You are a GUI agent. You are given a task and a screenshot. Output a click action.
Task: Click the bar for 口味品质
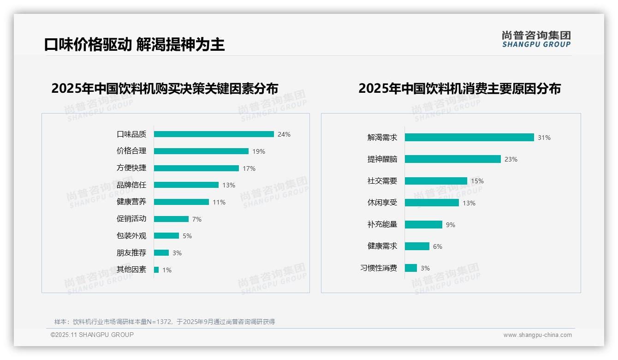coord(214,134)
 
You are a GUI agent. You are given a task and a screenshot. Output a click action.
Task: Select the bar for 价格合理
coord(201,151)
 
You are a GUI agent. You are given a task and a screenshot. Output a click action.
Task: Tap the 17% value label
coord(249,168)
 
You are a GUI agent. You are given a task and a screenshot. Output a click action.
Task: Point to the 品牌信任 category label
coord(131,185)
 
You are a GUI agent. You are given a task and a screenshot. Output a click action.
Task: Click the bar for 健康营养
coord(181,202)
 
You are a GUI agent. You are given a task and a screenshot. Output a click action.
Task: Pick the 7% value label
coord(197,219)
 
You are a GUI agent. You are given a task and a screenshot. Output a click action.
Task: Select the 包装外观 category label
coord(131,236)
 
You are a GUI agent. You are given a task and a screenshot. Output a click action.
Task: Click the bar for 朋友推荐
coord(161,253)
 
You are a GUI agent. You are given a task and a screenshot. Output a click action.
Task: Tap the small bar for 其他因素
coord(156,270)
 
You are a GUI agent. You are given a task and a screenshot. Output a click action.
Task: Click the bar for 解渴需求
coord(469,138)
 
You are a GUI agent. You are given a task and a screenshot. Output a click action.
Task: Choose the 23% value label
coord(511,159)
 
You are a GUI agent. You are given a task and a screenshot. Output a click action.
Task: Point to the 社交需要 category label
coord(382,181)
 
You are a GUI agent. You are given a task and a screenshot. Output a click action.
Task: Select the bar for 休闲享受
coord(432,203)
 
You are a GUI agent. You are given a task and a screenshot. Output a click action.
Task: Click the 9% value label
coord(451,225)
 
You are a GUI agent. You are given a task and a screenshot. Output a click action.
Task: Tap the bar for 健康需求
coord(417,246)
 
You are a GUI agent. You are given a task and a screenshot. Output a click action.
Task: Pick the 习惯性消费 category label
coord(379,268)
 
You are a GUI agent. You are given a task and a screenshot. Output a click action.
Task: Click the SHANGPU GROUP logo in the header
coord(536,39)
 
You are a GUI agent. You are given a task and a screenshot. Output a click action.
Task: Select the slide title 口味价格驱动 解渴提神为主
coord(134,45)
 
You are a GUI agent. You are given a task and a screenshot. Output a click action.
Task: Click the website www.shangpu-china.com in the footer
coord(537,335)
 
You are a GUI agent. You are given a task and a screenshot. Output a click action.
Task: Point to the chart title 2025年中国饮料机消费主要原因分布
coord(459,89)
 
